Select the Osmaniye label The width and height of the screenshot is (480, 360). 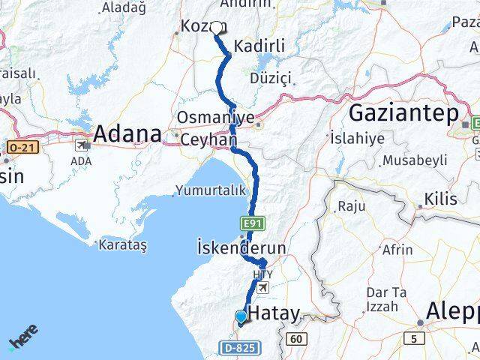point(211,118)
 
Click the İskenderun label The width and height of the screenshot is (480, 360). point(230,247)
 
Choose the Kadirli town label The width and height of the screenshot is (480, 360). point(259,46)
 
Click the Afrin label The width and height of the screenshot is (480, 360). point(397,250)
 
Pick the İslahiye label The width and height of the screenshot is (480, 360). point(357,138)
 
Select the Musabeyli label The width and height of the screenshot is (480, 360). point(414,160)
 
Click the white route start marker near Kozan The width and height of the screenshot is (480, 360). point(217,28)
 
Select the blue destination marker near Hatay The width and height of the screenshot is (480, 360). point(241,317)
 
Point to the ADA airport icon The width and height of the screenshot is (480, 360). point(80,147)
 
